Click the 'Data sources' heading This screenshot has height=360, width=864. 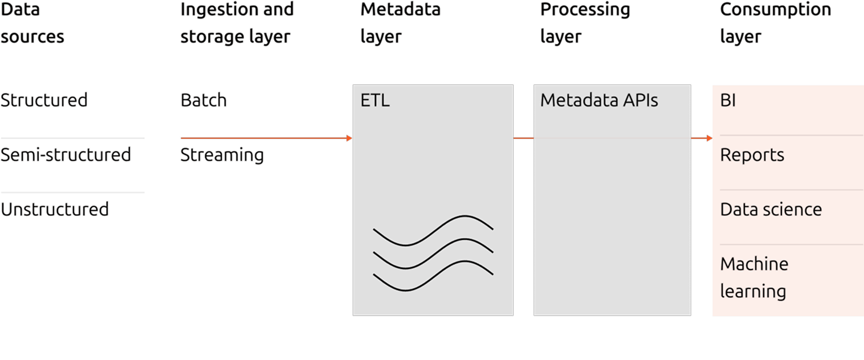pyautogui.click(x=32, y=23)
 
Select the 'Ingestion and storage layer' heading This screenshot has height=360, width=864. pyautogui.click(x=237, y=23)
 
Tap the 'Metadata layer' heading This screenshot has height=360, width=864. pyautogui.click(x=400, y=23)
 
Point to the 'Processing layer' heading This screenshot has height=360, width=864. pyautogui.click(x=585, y=23)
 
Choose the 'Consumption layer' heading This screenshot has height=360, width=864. pyautogui.click(x=775, y=23)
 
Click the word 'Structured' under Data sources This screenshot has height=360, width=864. pyautogui.click(x=44, y=100)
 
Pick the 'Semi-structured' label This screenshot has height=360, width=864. pyautogui.click(x=66, y=155)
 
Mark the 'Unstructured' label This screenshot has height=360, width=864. pyautogui.click(x=54, y=210)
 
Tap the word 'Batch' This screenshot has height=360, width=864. pyautogui.click(x=203, y=100)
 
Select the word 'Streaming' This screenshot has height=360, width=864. pyautogui.click(x=222, y=155)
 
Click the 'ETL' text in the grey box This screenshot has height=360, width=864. pyautogui.click(x=375, y=101)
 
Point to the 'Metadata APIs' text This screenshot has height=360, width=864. pyautogui.click(x=599, y=101)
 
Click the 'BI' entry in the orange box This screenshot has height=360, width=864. pyautogui.click(x=728, y=101)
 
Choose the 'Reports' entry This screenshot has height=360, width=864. pyautogui.click(x=752, y=155)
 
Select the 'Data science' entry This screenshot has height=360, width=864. pyautogui.click(x=771, y=210)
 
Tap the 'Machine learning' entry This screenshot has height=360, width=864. pyautogui.click(x=754, y=277)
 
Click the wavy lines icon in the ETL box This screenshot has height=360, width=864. pyautogui.click(x=433, y=253)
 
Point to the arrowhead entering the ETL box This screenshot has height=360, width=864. pyautogui.click(x=349, y=138)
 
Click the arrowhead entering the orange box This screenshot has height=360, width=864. pyautogui.click(x=709, y=138)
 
